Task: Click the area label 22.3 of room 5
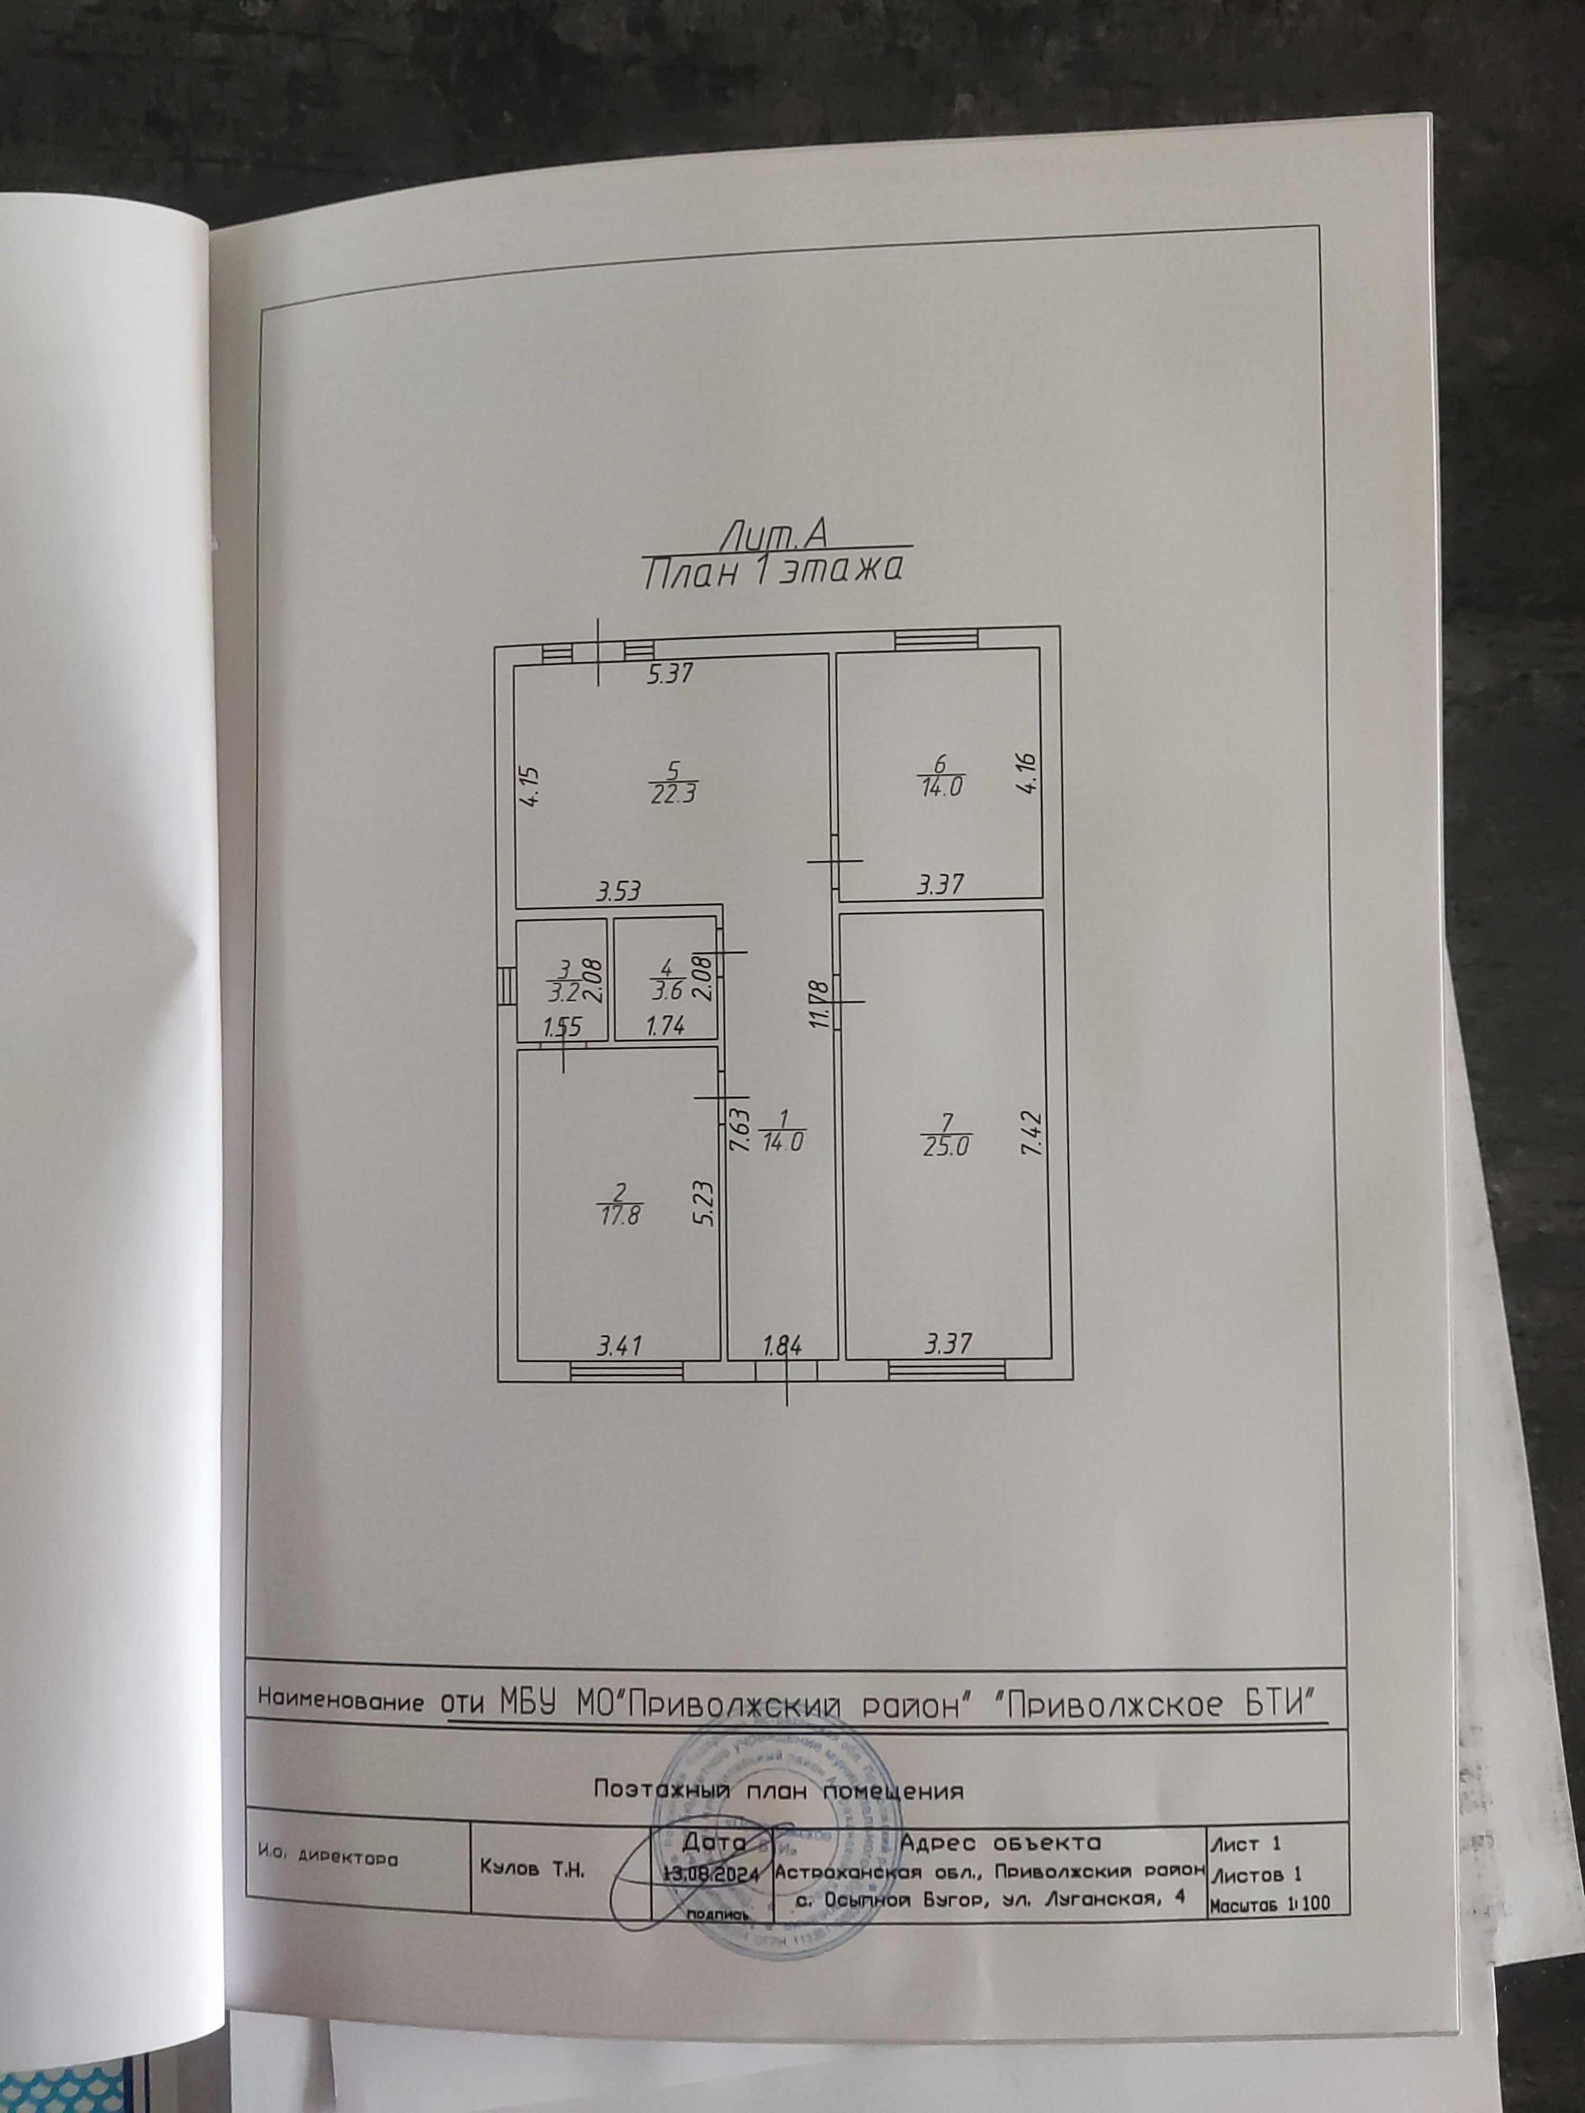(x=674, y=795)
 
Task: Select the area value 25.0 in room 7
(x=946, y=1147)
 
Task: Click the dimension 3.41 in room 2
(x=619, y=1346)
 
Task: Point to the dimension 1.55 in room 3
(x=562, y=1028)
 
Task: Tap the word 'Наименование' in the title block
(x=341, y=1701)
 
